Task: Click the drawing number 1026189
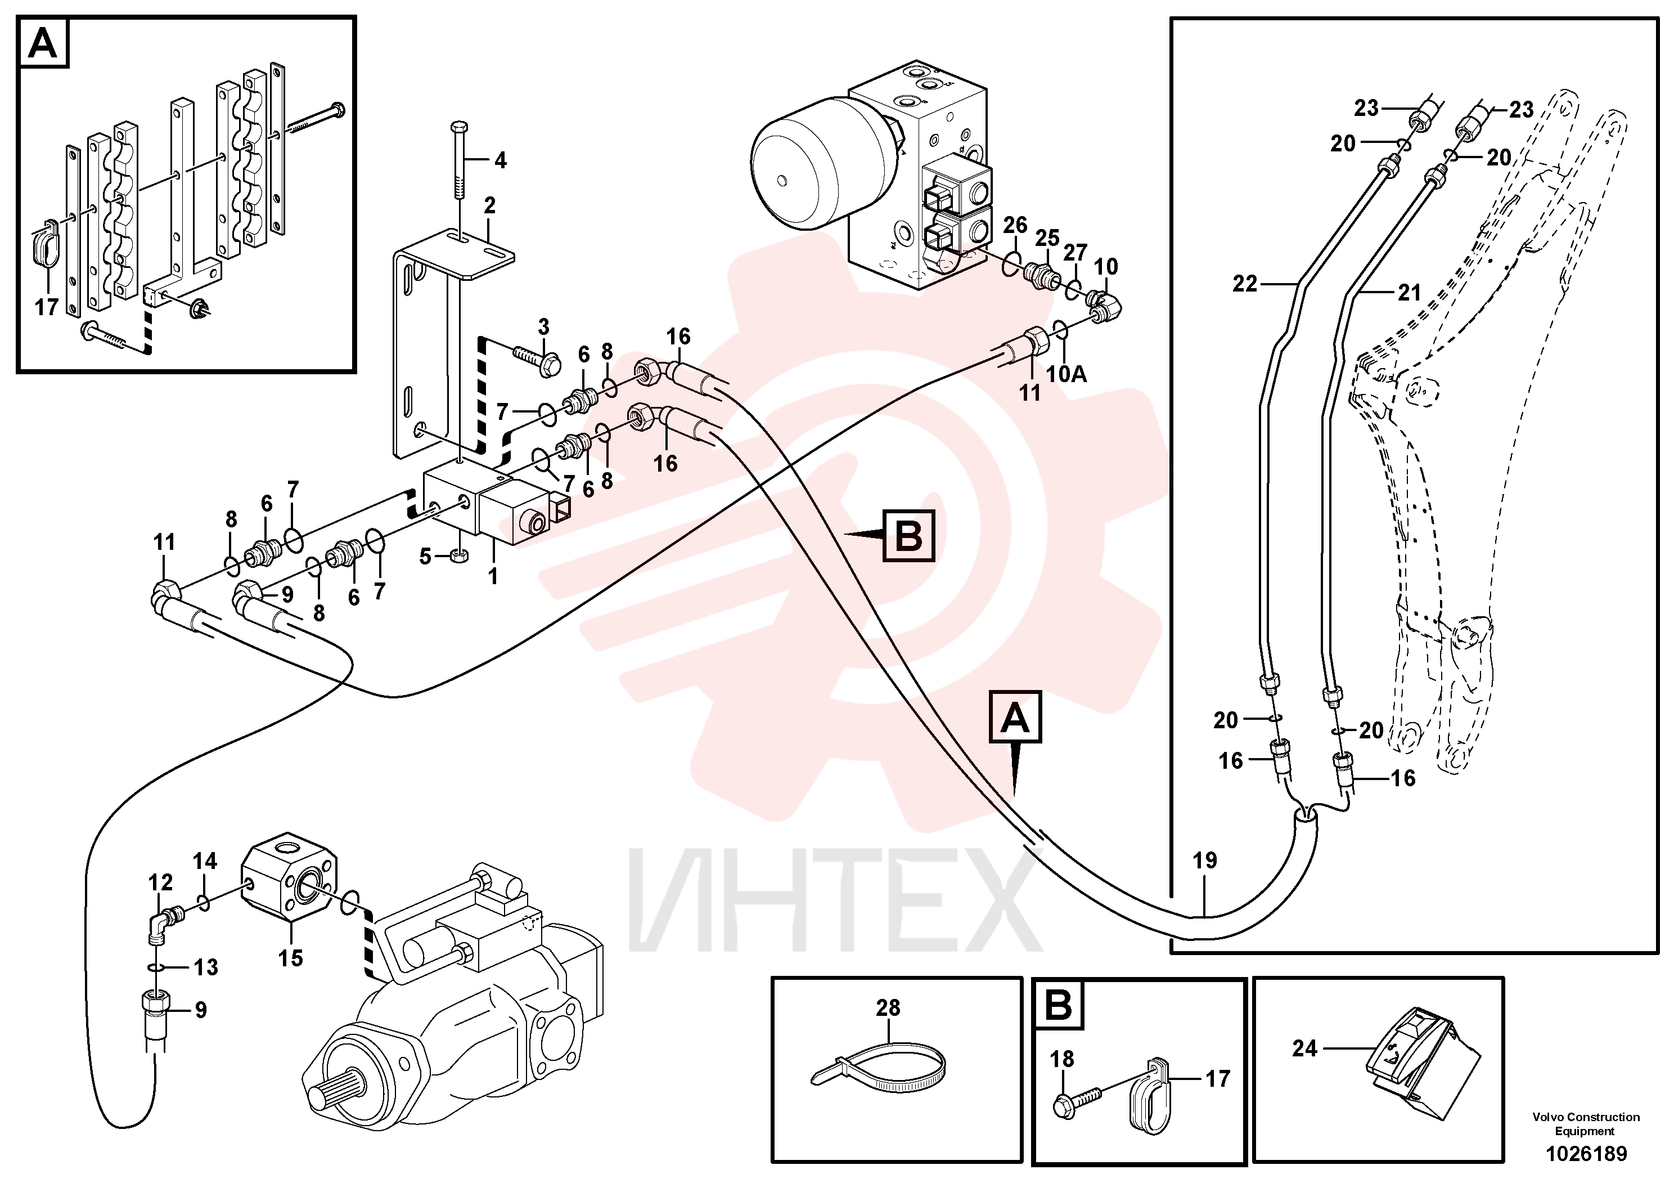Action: coord(1586,1154)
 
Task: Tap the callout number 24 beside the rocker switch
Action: coord(1305,1049)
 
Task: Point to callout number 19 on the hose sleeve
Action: coord(1204,861)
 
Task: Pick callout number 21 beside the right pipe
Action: coord(1409,293)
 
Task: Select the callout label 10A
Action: coord(1066,374)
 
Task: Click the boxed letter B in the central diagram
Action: coord(908,536)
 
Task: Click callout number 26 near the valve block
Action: coord(1015,225)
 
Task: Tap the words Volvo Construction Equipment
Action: coord(1586,1123)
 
